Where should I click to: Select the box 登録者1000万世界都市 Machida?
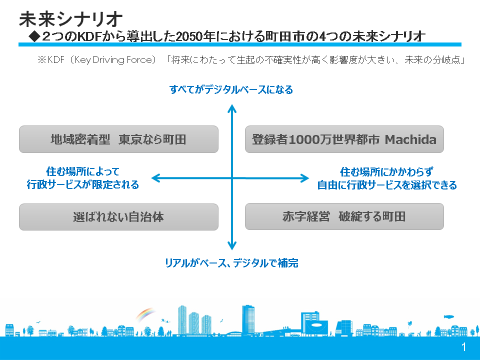[345, 139]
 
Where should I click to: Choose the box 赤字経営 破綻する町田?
[345, 216]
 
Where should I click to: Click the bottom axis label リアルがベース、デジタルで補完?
[231, 262]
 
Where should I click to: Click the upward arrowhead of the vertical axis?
[232, 104]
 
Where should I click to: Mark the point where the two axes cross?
[232, 178]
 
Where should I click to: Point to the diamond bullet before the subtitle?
[34, 35]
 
